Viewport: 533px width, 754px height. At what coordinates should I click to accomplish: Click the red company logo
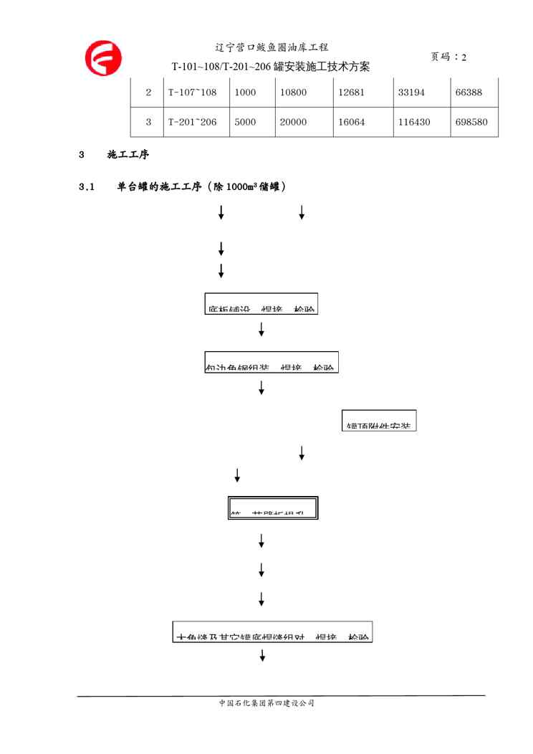coord(103,58)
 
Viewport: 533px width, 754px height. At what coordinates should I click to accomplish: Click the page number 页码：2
coord(448,57)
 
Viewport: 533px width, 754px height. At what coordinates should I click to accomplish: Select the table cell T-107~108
coord(195,92)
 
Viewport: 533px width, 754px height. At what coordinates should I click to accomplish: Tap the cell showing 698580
coord(471,123)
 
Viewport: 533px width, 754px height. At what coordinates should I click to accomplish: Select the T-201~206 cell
coord(195,123)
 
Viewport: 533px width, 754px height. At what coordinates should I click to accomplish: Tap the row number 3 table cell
coord(148,123)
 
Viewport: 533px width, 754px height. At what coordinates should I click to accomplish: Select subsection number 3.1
coord(87,187)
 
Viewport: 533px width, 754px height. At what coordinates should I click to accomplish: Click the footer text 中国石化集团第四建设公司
coord(266,703)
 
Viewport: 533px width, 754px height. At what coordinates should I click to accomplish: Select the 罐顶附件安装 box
coord(379,421)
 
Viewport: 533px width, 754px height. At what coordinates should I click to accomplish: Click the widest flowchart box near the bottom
coord(272,631)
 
